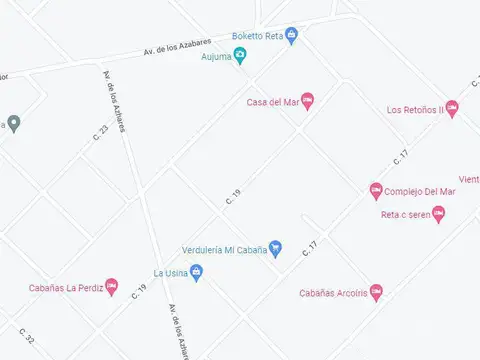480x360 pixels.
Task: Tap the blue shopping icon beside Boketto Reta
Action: click(x=291, y=35)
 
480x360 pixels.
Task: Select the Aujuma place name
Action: click(x=215, y=56)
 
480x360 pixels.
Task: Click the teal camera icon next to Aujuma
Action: click(x=240, y=55)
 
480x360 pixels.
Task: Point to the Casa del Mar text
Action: click(x=272, y=101)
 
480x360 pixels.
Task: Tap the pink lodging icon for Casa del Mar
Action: click(x=307, y=100)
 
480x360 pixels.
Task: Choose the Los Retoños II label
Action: click(x=414, y=110)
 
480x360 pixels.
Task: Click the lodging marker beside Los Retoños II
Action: click(x=451, y=108)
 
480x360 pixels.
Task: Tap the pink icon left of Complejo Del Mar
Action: click(x=376, y=190)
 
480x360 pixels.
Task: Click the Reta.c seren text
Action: click(x=404, y=215)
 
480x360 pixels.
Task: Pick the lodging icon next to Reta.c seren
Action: click(x=438, y=214)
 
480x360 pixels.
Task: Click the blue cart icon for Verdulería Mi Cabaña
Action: click(x=276, y=249)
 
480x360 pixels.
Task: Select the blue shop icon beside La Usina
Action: click(x=196, y=272)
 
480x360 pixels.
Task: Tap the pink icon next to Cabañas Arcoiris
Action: click(x=376, y=292)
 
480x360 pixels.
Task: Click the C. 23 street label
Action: click(x=101, y=133)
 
